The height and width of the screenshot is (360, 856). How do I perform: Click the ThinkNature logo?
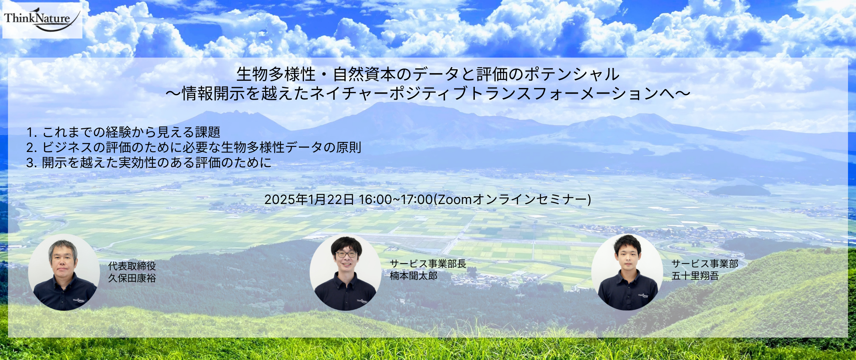pyautogui.click(x=42, y=20)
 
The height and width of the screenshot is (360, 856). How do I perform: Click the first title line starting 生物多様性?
pyautogui.click(x=428, y=74)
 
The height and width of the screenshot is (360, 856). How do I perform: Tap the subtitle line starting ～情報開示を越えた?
pyautogui.click(x=428, y=94)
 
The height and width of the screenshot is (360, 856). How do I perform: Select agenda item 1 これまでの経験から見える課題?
pyautogui.click(x=123, y=132)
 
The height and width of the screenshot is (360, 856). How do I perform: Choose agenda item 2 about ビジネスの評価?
pyautogui.click(x=194, y=147)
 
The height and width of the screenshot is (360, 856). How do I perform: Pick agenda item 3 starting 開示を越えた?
pyautogui.click(x=149, y=162)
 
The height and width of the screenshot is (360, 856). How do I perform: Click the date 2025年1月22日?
pyautogui.click(x=309, y=199)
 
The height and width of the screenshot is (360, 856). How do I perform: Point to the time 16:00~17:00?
pyautogui.click(x=396, y=199)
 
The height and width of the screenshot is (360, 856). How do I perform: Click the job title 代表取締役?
pyautogui.click(x=132, y=266)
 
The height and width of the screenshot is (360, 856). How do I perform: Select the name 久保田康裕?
pyautogui.click(x=132, y=278)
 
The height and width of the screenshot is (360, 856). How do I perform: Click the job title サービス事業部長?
pyautogui.click(x=428, y=264)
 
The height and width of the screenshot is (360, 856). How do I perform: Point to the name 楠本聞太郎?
pyautogui.click(x=414, y=276)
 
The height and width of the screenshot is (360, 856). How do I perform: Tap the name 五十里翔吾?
pyautogui.click(x=695, y=276)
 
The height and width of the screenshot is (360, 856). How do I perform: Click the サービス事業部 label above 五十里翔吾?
pyautogui.click(x=705, y=264)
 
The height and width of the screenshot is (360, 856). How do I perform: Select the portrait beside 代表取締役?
pyautogui.click(x=64, y=272)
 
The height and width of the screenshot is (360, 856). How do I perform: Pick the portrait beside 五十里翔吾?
pyautogui.click(x=627, y=272)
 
